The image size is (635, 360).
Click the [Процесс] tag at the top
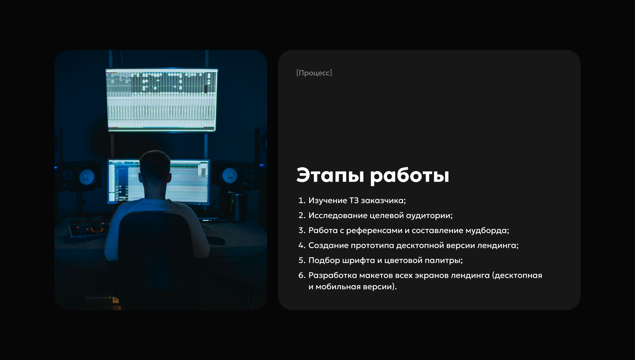[x=314, y=73]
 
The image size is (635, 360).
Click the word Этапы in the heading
[x=330, y=175]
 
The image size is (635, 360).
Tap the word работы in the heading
[x=410, y=176]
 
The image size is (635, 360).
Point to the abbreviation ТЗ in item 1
[x=354, y=200]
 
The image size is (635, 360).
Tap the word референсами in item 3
[x=374, y=231]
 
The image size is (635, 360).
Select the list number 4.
[x=302, y=245]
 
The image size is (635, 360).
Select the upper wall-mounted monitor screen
[x=161, y=100]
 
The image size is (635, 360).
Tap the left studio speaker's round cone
[x=87, y=177]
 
